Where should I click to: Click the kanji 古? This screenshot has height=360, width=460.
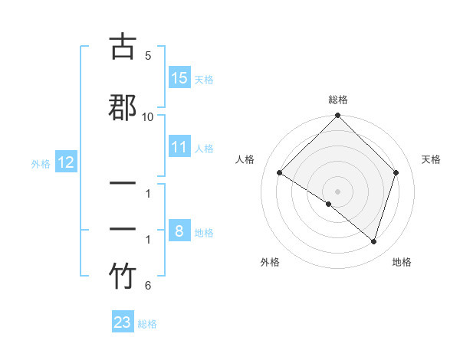[x=123, y=47]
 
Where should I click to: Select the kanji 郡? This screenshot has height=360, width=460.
[x=123, y=107]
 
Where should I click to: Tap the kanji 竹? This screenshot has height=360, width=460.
[x=123, y=277]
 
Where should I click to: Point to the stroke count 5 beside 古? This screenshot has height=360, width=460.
[x=148, y=56]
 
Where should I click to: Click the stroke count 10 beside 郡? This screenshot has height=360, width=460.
[x=148, y=117]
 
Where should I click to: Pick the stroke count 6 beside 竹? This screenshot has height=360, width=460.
[x=148, y=286]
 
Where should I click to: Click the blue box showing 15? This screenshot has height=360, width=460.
[x=179, y=77]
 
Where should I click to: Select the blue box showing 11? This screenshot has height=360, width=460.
[x=179, y=147]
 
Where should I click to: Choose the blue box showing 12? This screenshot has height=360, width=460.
[x=66, y=162]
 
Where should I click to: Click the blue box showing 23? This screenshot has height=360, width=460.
[x=123, y=322]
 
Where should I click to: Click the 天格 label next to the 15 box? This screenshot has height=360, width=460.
[x=204, y=79]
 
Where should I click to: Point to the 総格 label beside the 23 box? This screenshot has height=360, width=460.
[x=147, y=324]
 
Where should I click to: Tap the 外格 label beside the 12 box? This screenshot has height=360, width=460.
[x=41, y=163]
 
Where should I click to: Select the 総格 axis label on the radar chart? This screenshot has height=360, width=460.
[x=338, y=100]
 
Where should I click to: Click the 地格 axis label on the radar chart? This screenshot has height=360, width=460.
[x=402, y=262]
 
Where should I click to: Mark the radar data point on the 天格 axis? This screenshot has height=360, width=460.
[x=396, y=172]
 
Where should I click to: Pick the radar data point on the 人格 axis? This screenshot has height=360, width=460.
[x=280, y=172]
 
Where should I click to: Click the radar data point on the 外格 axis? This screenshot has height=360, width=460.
[x=329, y=205]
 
